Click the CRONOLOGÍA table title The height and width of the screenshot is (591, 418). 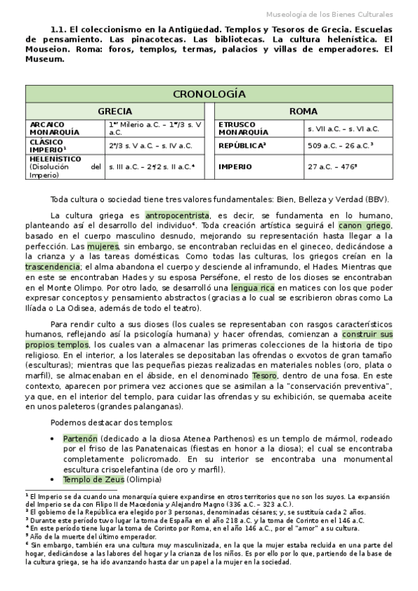(x=209, y=93)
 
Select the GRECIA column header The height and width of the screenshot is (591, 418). (x=114, y=112)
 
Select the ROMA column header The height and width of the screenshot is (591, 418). (x=303, y=112)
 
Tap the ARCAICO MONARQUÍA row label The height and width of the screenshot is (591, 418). (x=52, y=128)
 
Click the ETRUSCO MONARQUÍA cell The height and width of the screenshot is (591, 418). (x=242, y=128)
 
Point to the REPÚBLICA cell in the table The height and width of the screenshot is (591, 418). (x=241, y=146)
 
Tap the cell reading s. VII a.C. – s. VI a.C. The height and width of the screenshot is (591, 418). (x=343, y=129)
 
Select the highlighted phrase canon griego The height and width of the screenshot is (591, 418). (x=365, y=226)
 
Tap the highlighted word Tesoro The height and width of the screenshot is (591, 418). (x=264, y=376)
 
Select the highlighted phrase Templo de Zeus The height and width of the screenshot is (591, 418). (x=94, y=480)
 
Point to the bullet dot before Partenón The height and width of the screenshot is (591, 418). (x=54, y=439)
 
